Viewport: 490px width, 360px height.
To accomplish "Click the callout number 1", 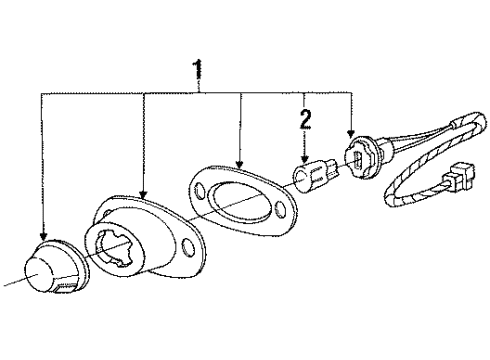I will (197, 69).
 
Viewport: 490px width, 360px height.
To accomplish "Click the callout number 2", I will (306, 121).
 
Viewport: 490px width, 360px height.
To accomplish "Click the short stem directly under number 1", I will (197, 85).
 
